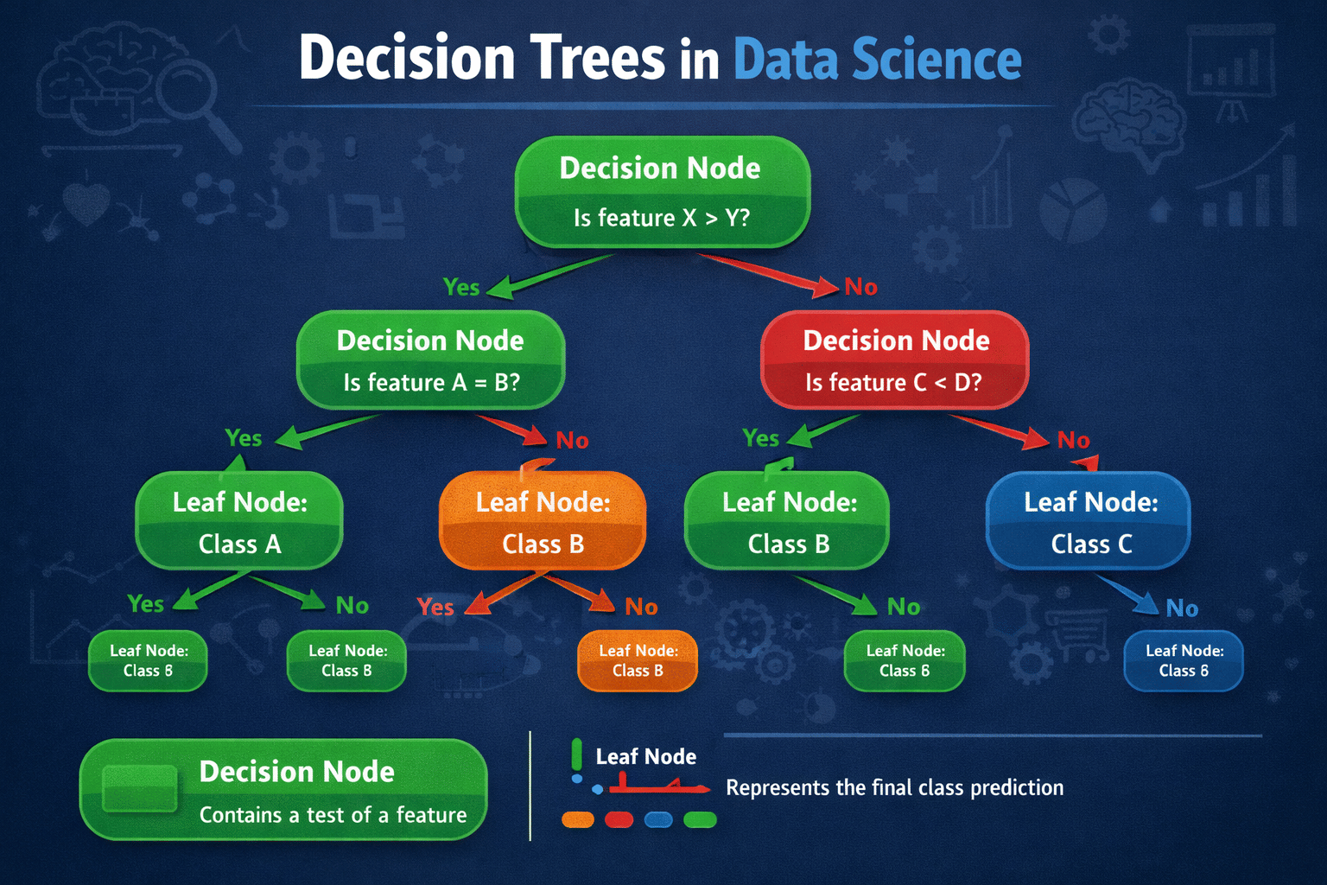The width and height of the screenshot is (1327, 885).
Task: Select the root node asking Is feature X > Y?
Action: pos(662,192)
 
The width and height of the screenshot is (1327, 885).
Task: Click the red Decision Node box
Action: pos(894,360)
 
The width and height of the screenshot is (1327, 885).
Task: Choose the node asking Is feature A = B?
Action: pos(430,360)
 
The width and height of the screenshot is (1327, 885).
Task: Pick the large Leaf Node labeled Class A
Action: pos(239,521)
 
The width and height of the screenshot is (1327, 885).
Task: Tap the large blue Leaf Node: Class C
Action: pos(1089,521)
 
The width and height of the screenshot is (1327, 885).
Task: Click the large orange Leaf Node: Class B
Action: pos(543,521)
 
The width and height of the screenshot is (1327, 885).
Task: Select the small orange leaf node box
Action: pos(637,661)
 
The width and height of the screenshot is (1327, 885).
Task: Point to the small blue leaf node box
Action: pos(1183,661)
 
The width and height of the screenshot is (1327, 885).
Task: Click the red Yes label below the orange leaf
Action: pos(435,608)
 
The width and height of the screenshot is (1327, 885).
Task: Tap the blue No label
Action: pos(1182,609)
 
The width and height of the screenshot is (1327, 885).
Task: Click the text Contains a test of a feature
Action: pos(333,815)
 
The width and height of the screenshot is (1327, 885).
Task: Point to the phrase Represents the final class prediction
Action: pos(894,788)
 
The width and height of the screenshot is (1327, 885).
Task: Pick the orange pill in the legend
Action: pos(578,819)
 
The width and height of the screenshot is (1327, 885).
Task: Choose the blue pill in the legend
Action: pos(658,819)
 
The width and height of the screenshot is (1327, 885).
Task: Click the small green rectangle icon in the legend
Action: pos(139,788)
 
